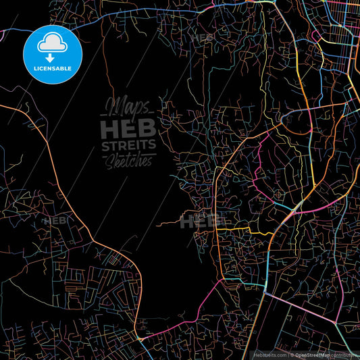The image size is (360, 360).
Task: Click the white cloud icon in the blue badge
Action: pyautogui.click(x=52, y=45)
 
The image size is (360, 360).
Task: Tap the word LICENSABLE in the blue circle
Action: pyautogui.click(x=52, y=69)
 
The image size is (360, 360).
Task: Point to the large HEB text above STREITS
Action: pyautogui.click(x=128, y=128)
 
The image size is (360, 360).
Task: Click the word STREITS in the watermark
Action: pyautogui.click(x=128, y=145)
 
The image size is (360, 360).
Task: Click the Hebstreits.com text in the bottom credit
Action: pyautogui.click(x=267, y=354)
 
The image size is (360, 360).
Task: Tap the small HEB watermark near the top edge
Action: pyautogui.click(x=202, y=38)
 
